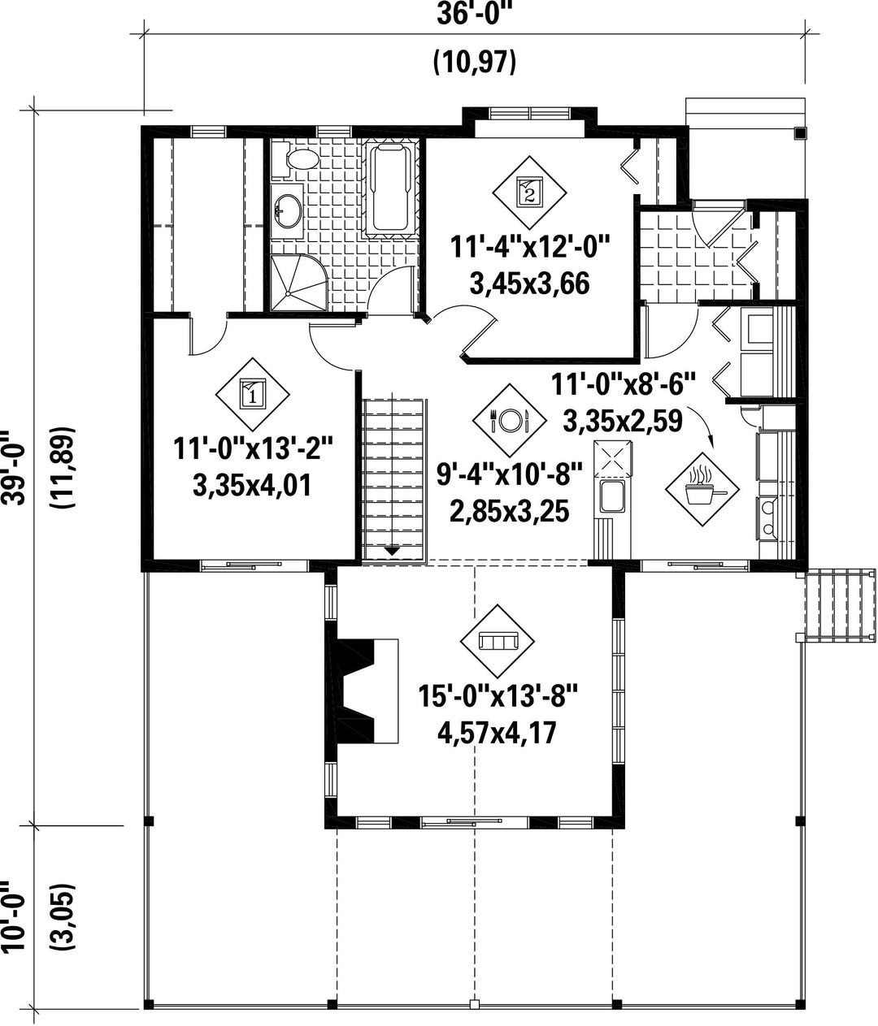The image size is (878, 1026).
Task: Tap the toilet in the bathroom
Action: pyautogui.click(x=298, y=159)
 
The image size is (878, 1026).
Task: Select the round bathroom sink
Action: pyautogui.click(x=288, y=211)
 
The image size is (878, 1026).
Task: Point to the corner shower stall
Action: pyautogui.click(x=298, y=283)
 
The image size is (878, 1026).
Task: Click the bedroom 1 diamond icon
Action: pyautogui.click(x=252, y=395)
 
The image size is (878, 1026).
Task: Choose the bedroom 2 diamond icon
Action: pyautogui.click(x=529, y=192)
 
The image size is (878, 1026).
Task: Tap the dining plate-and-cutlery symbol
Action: pyautogui.click(x=509, y=421)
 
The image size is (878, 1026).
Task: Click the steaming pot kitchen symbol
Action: pyautogui.click(x=702, y=489)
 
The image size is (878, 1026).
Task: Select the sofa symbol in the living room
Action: pyautogui.click(x=498, y=641)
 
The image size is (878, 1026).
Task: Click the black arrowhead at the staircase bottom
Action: pyautogui.click(x=393, y=551)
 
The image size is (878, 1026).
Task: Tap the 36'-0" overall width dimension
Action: pyautogui.click(x=474, y=15)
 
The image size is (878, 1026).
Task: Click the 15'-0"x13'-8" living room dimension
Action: pyautogui.click(x=498, y=697)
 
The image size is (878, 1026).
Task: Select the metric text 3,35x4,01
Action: pyautogui.click(x=252, y=485)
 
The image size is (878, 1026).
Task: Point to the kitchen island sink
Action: pyautogui.click(x=613, y=496)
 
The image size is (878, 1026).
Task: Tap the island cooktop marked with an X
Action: pyautogui.click(x=613, y=458)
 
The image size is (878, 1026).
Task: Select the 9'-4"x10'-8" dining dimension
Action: pyautogui.click(x=510, y=475)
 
